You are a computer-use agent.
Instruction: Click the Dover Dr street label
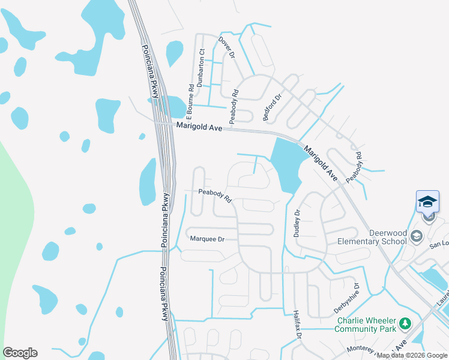[x=227, y=47]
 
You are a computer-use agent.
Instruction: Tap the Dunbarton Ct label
[x=202, y=68]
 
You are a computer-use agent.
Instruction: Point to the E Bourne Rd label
[x=190, y=96]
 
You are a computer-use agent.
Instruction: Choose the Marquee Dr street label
[x=206, y=239]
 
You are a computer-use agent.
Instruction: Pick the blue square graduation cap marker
[x=427, y=201]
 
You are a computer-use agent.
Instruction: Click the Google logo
[x=20, y=352]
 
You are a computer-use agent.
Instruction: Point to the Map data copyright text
[x=412, y=355]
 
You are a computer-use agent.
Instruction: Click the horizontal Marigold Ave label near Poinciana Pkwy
[x=199, y=126]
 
